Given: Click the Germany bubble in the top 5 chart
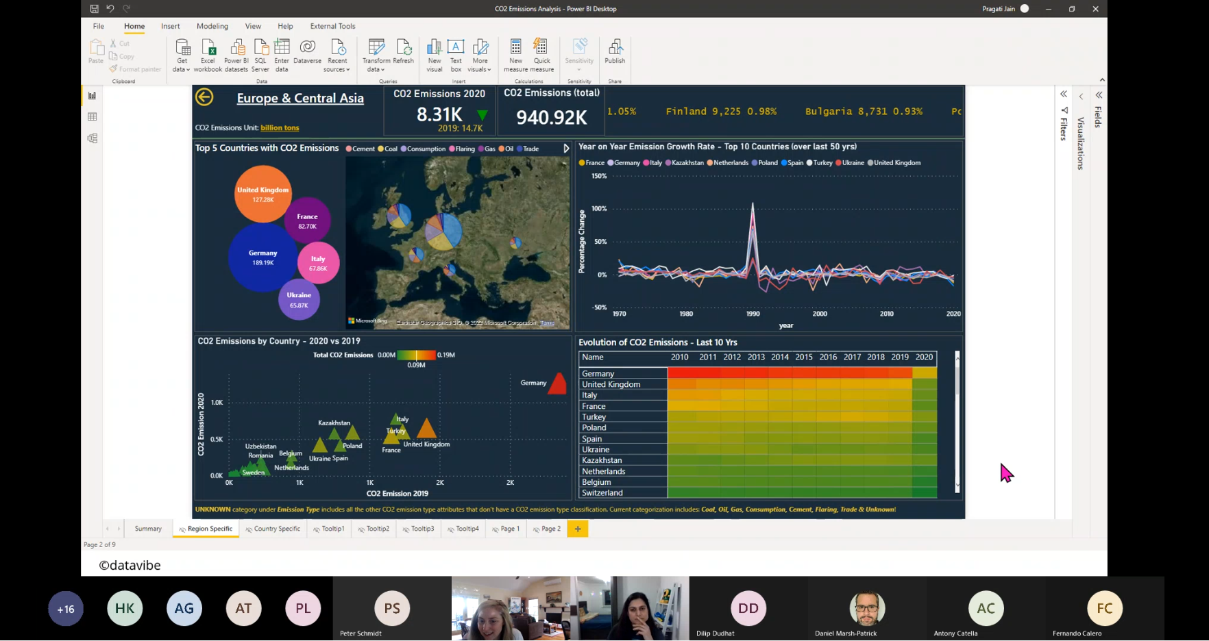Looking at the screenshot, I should [262, 257].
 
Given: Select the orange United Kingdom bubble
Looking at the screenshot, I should [262, 194].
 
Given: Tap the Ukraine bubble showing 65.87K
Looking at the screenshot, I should [299, 300].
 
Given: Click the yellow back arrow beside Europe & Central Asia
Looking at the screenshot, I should [204, 97].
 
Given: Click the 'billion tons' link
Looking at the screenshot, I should [280, 128].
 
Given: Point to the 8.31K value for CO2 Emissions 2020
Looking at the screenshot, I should [439, 114].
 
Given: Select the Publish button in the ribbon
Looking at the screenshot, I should [615, 52].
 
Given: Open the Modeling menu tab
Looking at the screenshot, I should [212, 26].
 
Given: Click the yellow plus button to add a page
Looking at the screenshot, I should [578, 529].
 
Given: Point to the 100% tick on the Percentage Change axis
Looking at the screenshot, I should [599, 209].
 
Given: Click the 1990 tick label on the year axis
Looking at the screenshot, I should [753, 314].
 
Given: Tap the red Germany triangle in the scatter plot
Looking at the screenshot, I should [558, 384].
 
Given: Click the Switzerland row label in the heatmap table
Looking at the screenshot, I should [602, 493].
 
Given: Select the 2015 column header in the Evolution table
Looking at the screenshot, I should [804, 357].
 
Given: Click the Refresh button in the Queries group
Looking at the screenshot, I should [403, 52].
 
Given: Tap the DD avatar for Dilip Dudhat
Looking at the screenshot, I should [748, 607].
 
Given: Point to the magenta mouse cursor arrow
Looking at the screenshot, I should [1005, 472].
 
